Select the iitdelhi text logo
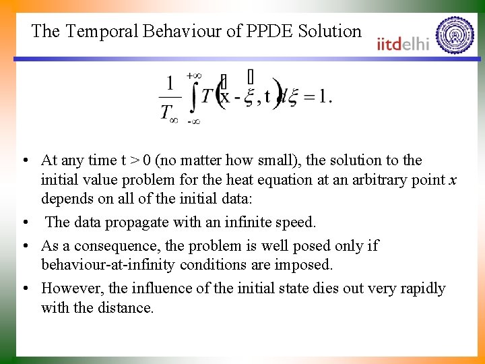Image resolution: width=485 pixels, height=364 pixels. coord(403,42)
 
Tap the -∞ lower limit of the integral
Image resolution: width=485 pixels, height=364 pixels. coord(193,121)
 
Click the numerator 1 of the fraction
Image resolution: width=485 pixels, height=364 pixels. coord(170,84)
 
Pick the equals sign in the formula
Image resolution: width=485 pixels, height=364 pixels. coord(309,97)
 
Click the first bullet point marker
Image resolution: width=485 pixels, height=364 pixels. coord(24,161)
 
